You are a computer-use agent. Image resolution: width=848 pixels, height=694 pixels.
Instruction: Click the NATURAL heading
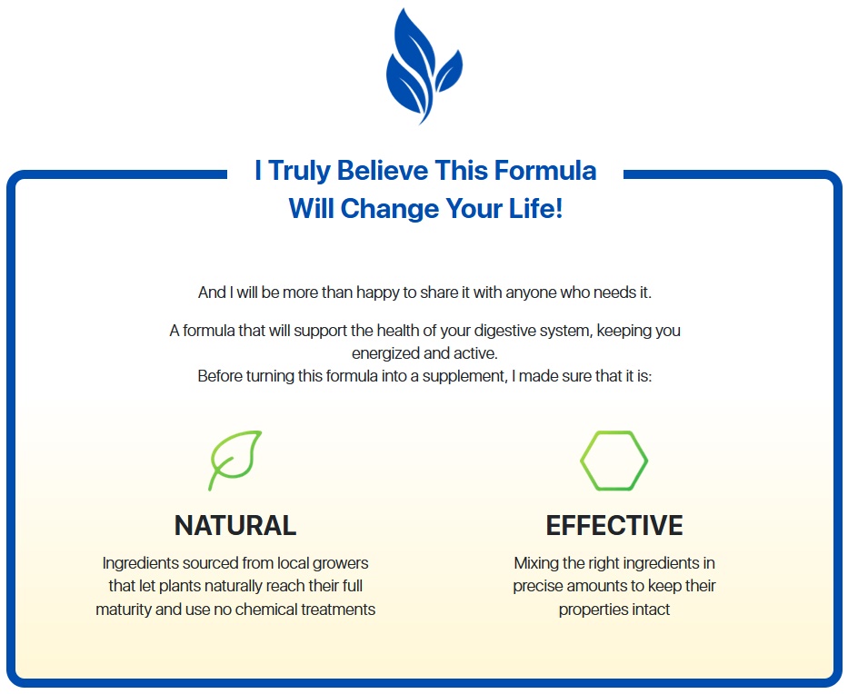(x=235, y=525)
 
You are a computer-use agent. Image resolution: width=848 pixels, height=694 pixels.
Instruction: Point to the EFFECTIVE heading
(x=614, y=525)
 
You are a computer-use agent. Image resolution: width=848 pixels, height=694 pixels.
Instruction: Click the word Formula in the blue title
(x=545, y=171)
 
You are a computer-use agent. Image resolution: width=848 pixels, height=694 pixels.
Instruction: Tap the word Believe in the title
(x=383, y=171)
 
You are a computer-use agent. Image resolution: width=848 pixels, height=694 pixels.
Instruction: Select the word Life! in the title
(x=536, y=209)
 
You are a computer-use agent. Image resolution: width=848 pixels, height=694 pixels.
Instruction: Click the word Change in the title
(x=389, y=209)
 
